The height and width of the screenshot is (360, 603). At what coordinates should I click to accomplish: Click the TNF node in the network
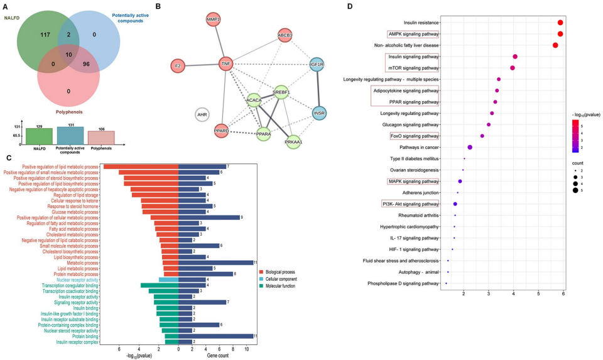(226, 63)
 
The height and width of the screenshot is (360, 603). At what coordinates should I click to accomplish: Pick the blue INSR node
(320, 113)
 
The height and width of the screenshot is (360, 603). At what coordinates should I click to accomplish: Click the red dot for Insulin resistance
(560, 23)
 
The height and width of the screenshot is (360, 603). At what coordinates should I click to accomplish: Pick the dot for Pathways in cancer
(470, 147)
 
